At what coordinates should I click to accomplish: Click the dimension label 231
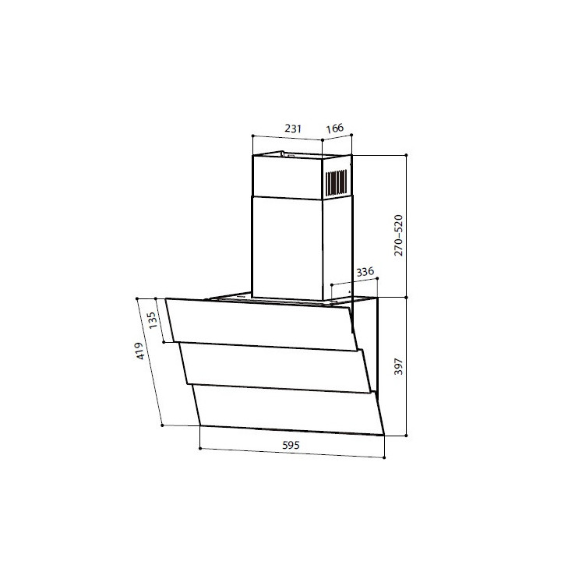click(293, 128)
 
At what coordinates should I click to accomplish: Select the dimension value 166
click(335, 128)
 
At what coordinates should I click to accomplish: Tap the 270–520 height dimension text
click(398, 235)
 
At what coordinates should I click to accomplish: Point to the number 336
click(365, 272)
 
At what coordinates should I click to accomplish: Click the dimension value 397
click(398, 366)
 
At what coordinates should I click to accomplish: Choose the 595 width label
click(291, 446)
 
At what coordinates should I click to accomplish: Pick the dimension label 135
click(152, 320)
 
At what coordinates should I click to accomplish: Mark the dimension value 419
click(139, 351)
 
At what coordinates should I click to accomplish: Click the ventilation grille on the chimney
click(336, 183)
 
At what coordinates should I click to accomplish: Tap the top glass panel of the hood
click(262, 324)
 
